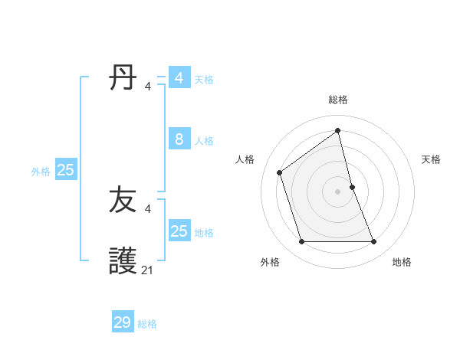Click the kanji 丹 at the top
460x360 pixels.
[x=123, y=78]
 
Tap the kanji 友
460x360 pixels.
[x=123, y=201]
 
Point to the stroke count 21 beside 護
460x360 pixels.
[x=147, y=270]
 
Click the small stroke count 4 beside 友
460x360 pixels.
[x=147, y=208]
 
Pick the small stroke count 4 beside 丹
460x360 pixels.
[x=147, y=86]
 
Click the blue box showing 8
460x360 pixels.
[x=179, y=139]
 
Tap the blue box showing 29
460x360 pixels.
[x=123, y=322]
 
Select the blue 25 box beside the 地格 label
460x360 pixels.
[x=179, y=231]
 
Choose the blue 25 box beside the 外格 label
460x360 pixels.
[x=66, y=170]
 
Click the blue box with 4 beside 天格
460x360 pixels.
[x=179, y=78]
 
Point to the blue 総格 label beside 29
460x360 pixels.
[x=147, y=324]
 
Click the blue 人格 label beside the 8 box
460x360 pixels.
[x=204, y=141]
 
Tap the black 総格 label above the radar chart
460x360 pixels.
[x=338, y=100]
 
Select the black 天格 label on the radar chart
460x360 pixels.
[x=431, y=159]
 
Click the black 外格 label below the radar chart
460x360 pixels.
[x=270, y=262]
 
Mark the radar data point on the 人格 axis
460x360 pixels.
[x=280, y=172]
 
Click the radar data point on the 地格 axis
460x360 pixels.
[x=374, y=242]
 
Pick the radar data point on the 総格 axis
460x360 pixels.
[x=338, y=130]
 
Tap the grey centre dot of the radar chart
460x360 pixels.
[x=338, y=191]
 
